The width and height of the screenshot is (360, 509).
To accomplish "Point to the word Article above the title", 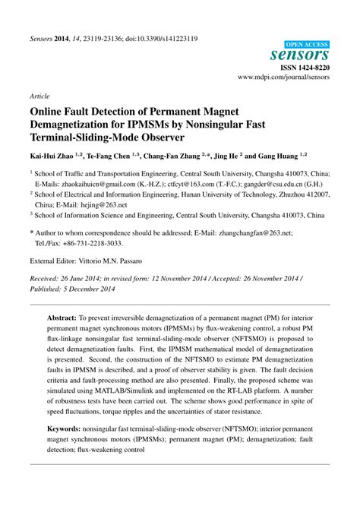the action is (39, 97).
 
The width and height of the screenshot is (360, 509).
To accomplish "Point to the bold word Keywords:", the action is (67, 429).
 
